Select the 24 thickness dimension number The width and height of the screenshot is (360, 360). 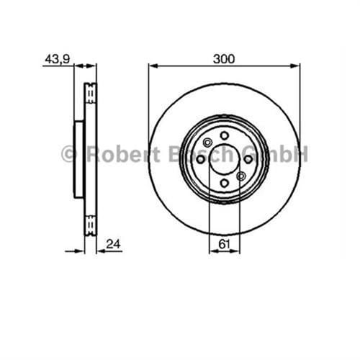coord(111,243)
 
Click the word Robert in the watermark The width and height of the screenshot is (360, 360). coord(109,153)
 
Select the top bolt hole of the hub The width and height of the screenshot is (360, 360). coord(225,135)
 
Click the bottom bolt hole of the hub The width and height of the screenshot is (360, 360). coord(225,184)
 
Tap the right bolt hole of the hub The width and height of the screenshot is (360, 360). coord(248,160)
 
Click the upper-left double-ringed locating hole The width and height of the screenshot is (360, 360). coord(207,142)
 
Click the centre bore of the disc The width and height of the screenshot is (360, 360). coord(224,160)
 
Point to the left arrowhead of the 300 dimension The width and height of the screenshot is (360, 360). coord(152,66)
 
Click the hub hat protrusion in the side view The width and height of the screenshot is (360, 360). coord(79,159)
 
